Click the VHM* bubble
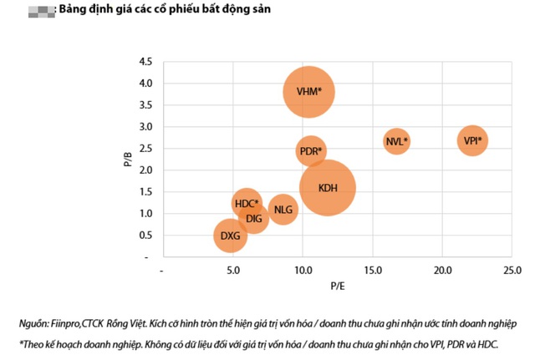click(x=309, y=92)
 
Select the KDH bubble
click(x=328, y=188)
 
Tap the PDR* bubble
click(x=310, y=151)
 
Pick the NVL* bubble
click(x=397, y=141)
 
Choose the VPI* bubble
click(x=472, y=140)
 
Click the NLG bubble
click(x=284, y=209)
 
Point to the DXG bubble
click(x=230, y=236)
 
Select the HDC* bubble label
click(x=246, y=203)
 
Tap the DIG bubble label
click(x=254, y=219)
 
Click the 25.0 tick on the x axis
click(x=512, y=271)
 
